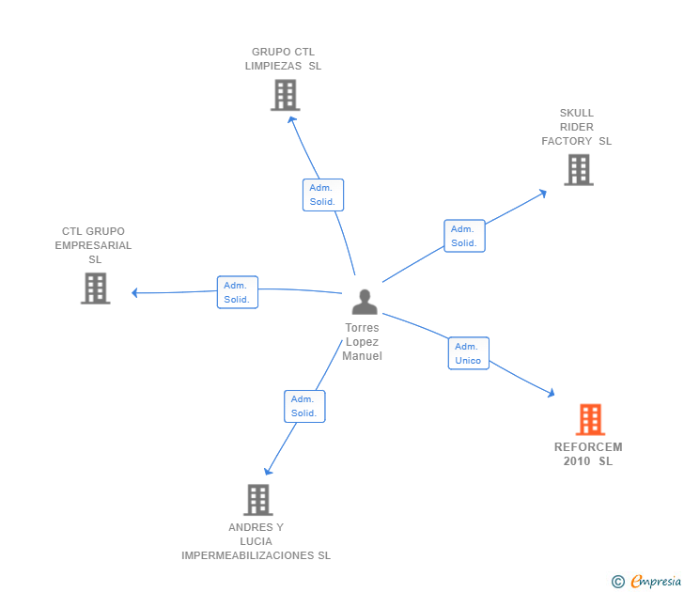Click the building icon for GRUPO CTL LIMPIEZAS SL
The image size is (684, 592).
tap(285, 95)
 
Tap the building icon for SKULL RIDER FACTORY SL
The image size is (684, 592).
tap(579, 170)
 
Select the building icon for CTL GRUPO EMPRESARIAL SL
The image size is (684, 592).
tap(96, 288)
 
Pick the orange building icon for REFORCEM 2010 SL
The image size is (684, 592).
tap(590, 419)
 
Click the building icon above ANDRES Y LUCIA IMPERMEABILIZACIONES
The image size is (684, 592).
tap(257, 500)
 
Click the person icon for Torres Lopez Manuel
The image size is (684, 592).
tap(365, 302)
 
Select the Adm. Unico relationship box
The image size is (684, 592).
tap(468, 353)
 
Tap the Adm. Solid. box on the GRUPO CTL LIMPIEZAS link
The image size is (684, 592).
tap(323, 195)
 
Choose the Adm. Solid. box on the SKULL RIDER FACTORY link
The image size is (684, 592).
tap(464, 236)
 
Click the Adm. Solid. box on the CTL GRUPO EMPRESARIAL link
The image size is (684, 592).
tap(237, 292)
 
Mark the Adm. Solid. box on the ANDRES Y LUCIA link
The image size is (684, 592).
tap(304, 406)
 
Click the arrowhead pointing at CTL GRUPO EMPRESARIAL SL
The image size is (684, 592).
tap(135, 292)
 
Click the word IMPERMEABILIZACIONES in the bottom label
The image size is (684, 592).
tap(246, 555)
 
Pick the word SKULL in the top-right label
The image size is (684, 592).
tap(577, 113)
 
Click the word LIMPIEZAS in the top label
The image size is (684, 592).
tap(273, 66)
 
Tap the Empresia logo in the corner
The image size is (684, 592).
tap(654, 582)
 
